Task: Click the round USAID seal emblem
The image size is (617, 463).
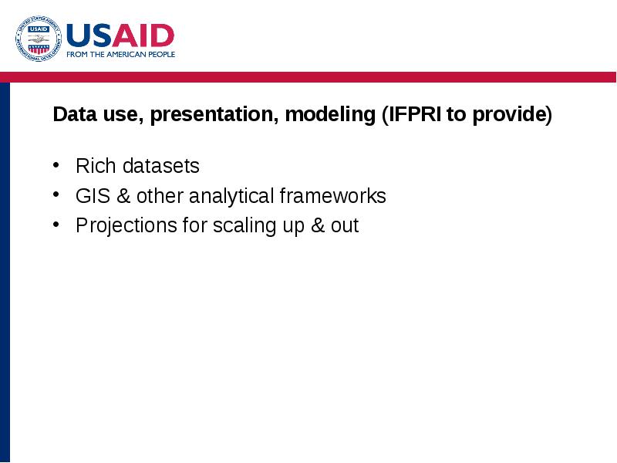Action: click(x=39, y=39)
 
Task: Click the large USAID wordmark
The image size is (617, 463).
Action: click(x=120, y=35)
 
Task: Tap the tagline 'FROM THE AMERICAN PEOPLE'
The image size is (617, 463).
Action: click(x=121, y=54)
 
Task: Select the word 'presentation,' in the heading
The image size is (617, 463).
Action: click(x=214, y=115)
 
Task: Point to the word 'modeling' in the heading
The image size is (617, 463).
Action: click(x=330, y=115)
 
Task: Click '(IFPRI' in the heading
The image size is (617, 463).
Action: click(x=412, y=115)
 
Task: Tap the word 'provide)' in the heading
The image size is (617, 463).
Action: click(x=512, y=115)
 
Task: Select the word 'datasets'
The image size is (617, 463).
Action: click(x=161, y=166)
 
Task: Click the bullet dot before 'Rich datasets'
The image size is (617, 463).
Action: click(x=56, y=165)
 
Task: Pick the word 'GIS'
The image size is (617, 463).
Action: click(x=93, y=196)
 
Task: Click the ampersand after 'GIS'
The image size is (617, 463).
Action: click(x=123, y=196)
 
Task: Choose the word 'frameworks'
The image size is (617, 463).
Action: click(x=333, y=196)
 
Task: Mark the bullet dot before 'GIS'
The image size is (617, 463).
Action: click(x=56, y=194)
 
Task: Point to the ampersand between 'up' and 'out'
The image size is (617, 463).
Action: click(x=318, y=225)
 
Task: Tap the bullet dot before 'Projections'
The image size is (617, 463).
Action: click(x=56, y=224)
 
